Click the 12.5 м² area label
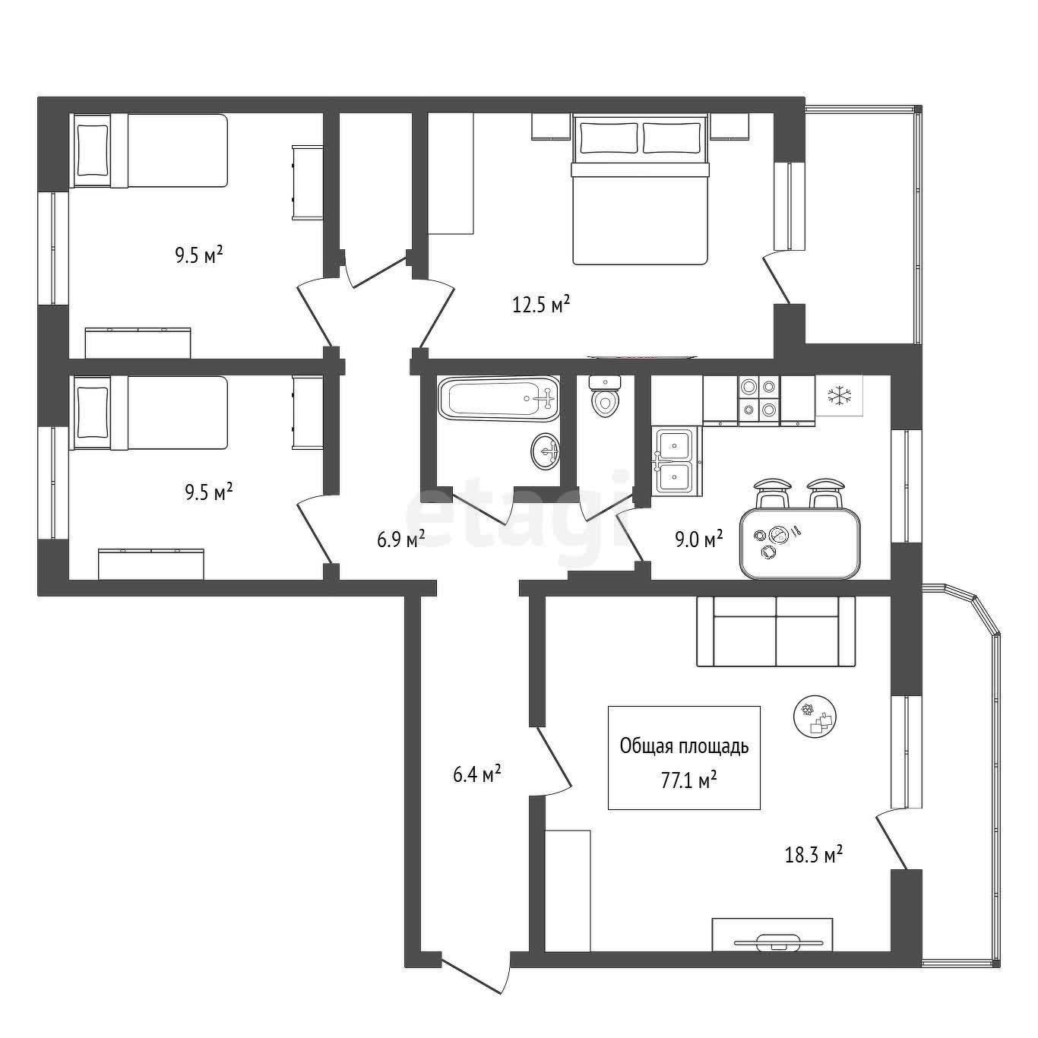[541, 305]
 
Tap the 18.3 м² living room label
[814, 869]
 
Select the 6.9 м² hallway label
[400, 539]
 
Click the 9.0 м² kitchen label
[699, 539]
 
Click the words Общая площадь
[684, 747]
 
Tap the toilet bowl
[605, 397]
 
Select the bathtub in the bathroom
[499, 399]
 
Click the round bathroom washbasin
[546, 451]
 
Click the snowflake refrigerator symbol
[839, 396]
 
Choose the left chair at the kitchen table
[773, 492]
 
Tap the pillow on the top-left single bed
[93, 150]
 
